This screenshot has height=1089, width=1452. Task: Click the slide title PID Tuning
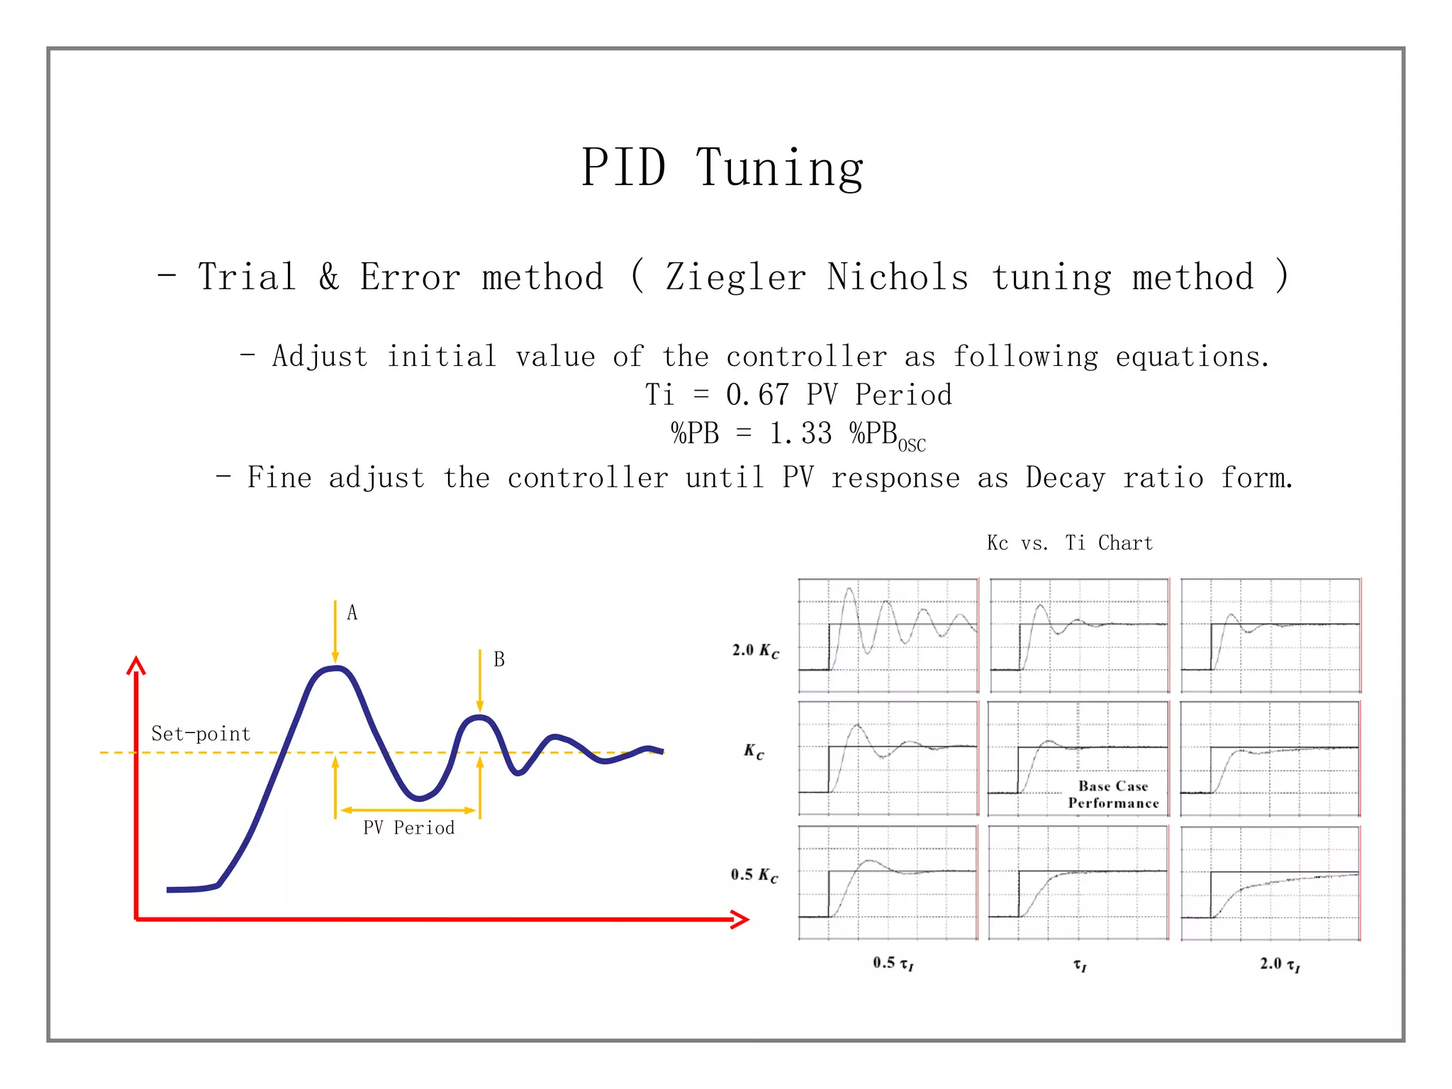[722, 168]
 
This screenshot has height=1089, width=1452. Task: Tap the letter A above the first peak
[352, 613]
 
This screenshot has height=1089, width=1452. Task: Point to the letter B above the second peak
[499, 659]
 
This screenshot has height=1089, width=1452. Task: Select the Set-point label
[201, 734]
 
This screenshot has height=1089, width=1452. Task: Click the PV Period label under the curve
[408, 828]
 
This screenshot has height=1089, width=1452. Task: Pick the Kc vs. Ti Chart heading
[1070, 543]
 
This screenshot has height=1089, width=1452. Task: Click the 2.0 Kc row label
[756, 651]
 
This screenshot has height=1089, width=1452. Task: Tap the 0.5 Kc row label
[754, 876]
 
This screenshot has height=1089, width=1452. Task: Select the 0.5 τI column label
[893, 963]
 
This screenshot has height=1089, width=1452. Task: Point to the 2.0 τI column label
[1280, 964]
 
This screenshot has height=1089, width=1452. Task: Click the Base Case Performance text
[1113, 795]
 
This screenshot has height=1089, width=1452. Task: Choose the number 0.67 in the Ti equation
[757, 395]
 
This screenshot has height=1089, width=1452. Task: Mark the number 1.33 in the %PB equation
[800, 433]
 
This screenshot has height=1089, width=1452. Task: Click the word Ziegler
[735, 277]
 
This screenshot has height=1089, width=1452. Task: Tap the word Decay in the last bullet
[1065, 478]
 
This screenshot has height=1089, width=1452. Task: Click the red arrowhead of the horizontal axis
[741, 920]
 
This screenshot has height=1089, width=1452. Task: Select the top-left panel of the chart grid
[888, 635]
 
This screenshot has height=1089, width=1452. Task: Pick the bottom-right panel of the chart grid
[1270, 883]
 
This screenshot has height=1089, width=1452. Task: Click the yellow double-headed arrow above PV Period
[408, 810]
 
